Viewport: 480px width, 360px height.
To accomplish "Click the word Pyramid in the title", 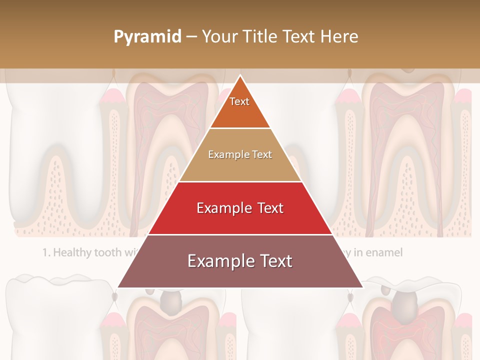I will point(147,37).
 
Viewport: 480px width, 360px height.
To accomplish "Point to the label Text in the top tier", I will point(239,101).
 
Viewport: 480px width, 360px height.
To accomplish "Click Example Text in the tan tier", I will point(240,155).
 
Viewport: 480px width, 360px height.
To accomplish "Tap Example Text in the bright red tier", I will point(240,208).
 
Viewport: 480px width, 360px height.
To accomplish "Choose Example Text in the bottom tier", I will point(240,261).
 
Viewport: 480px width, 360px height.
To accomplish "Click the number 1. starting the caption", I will point(46,252).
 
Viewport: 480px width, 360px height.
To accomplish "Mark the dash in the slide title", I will point(191,37).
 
